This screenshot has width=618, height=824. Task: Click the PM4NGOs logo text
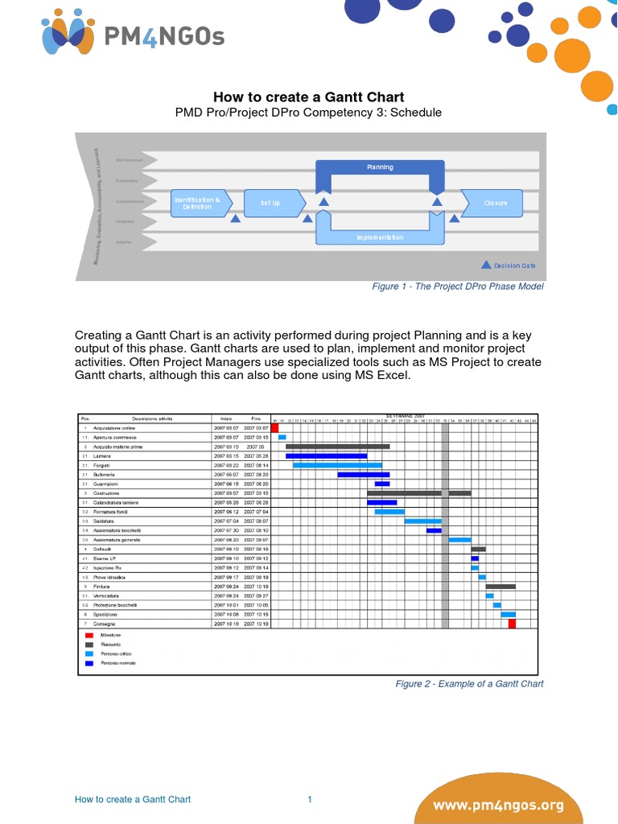164,35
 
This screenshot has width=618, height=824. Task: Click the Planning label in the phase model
380,167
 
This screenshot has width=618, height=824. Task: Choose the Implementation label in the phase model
380,237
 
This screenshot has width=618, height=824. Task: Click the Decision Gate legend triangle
486,264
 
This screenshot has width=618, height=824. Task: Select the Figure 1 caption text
457,286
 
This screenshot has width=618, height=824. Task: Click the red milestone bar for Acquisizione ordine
274,428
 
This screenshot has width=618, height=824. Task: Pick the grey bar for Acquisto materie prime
337,447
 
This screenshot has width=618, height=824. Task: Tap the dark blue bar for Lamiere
326,455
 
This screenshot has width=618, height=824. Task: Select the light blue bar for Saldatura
422,521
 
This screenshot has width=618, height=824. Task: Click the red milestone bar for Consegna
512,624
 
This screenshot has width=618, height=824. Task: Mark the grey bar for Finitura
501,587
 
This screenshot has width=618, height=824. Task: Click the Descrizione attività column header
153,419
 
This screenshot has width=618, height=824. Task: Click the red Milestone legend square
89,635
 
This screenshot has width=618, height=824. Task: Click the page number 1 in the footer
309,799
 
